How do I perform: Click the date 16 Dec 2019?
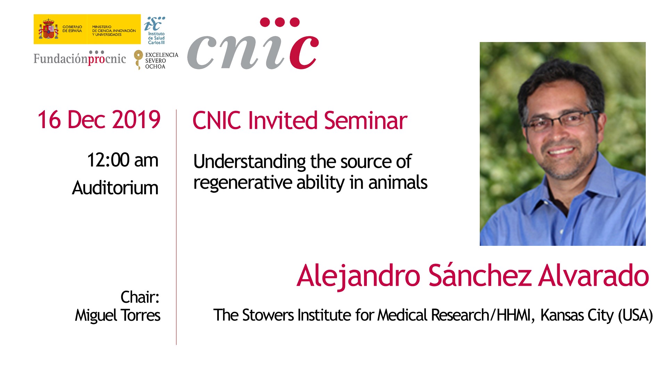pos(99,120)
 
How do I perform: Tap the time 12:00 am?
pos(123,160)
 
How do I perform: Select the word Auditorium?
pos(115,188)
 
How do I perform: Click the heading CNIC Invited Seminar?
pos(300,120)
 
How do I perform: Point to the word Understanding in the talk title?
pos(250,162)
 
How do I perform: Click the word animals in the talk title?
pos(398,183)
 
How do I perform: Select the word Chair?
pos(140,297)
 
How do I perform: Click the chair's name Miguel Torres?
pos(118,315)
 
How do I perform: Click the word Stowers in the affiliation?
pos(268,315)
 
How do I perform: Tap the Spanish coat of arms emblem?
pos(48,29)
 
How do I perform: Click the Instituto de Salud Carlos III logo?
pos(155,30)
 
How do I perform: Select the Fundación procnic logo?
pos(80,58)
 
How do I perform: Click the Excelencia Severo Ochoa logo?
pos(156,60)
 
